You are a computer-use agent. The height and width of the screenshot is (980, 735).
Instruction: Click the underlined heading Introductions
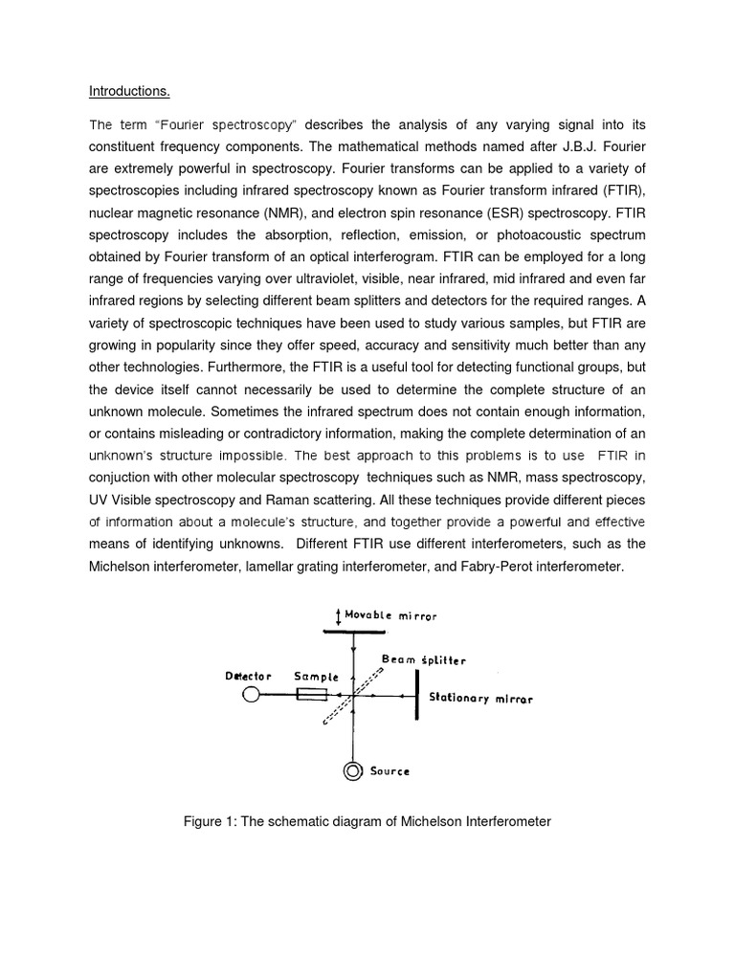coord(129,92)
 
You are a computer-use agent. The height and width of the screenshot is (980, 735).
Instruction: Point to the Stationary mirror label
coord(480,699)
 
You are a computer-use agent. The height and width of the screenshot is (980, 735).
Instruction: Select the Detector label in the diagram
coord(248,676)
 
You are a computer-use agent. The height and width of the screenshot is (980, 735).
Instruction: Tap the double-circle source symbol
coord(354,770)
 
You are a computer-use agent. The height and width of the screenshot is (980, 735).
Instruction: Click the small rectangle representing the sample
coord(313,696)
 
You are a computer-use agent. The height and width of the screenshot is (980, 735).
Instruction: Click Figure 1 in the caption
coord(211,822)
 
